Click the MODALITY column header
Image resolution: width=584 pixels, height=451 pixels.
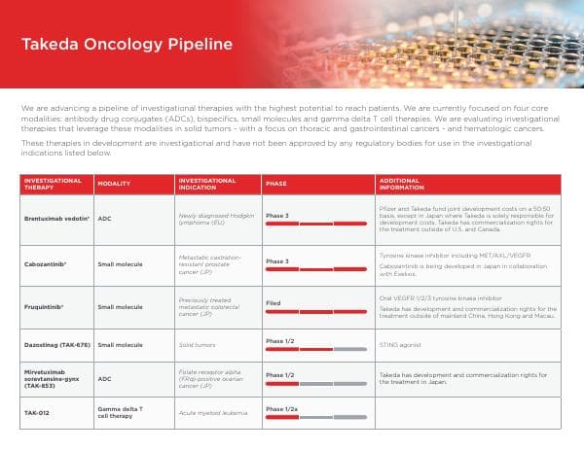(x=116, y=183)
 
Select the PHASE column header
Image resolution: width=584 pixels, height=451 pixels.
(x=276, y=183)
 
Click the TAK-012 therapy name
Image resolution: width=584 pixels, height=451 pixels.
(x=37, y=413)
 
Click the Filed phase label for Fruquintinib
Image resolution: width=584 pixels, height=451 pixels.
(x=274, y=302)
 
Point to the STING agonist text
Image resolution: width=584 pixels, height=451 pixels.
(x=400, y=344)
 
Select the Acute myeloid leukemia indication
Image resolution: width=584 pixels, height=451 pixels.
(x=211, y=413)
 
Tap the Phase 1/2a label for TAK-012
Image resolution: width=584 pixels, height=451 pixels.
(x=281, y=408)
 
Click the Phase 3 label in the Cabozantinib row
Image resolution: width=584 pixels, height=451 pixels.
(x=277, y=260)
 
